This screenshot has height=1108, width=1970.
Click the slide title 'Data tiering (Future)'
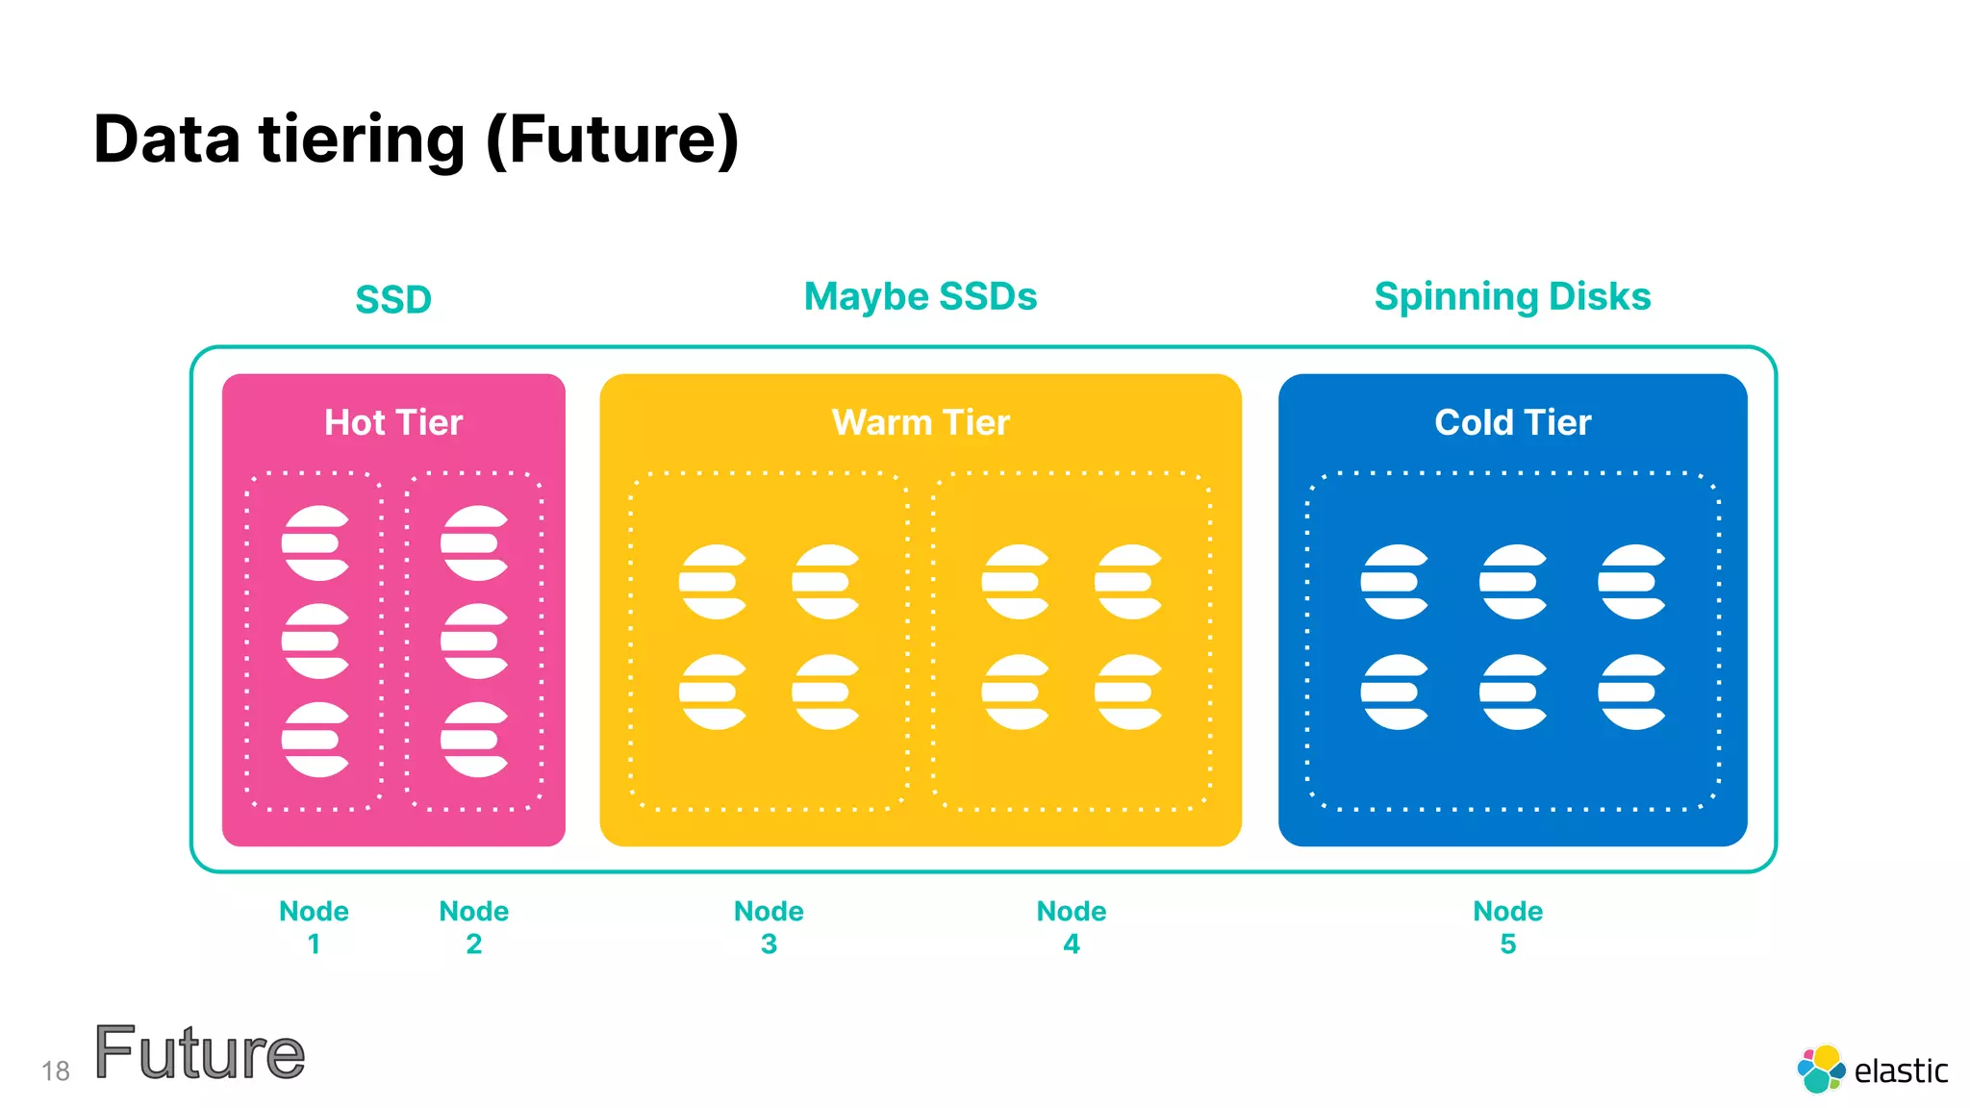click(x=416, y=140)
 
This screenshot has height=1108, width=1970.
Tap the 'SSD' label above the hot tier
click(x=393, y=300)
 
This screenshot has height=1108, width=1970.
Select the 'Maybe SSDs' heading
click(x=921, y=297)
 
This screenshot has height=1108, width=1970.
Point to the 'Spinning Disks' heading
click(x=1512, y=297)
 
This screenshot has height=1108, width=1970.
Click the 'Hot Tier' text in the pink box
click(x=393, y=423)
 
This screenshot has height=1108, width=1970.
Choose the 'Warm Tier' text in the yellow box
click(x=921, y=423)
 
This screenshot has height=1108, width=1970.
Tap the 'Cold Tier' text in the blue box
click(x=1512, y=423)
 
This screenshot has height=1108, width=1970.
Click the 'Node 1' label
click(x=314, y=927)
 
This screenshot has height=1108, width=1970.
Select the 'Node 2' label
click(x=473, y=927)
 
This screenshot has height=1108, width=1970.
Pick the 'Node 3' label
click(x=769, y=927)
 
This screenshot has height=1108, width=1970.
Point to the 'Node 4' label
click(x=1072, y=927)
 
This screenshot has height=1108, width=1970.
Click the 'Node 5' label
click(x=1507, y=927)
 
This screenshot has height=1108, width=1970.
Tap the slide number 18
click(x=56, y=1071)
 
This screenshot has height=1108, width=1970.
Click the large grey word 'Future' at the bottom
click(x=199, y=1054)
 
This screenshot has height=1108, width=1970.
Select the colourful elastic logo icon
click(x=1820, y=1070)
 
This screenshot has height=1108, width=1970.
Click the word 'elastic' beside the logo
click(x=1900, y=1071)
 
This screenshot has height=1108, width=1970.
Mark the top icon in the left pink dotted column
click(x=315, y=543)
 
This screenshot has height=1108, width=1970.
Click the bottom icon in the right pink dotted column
click(x=474, y=740)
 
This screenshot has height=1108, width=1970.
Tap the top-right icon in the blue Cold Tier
click(x=1631, y=582)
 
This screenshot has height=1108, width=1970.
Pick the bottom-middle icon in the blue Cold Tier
click(x=1513, y=692)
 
